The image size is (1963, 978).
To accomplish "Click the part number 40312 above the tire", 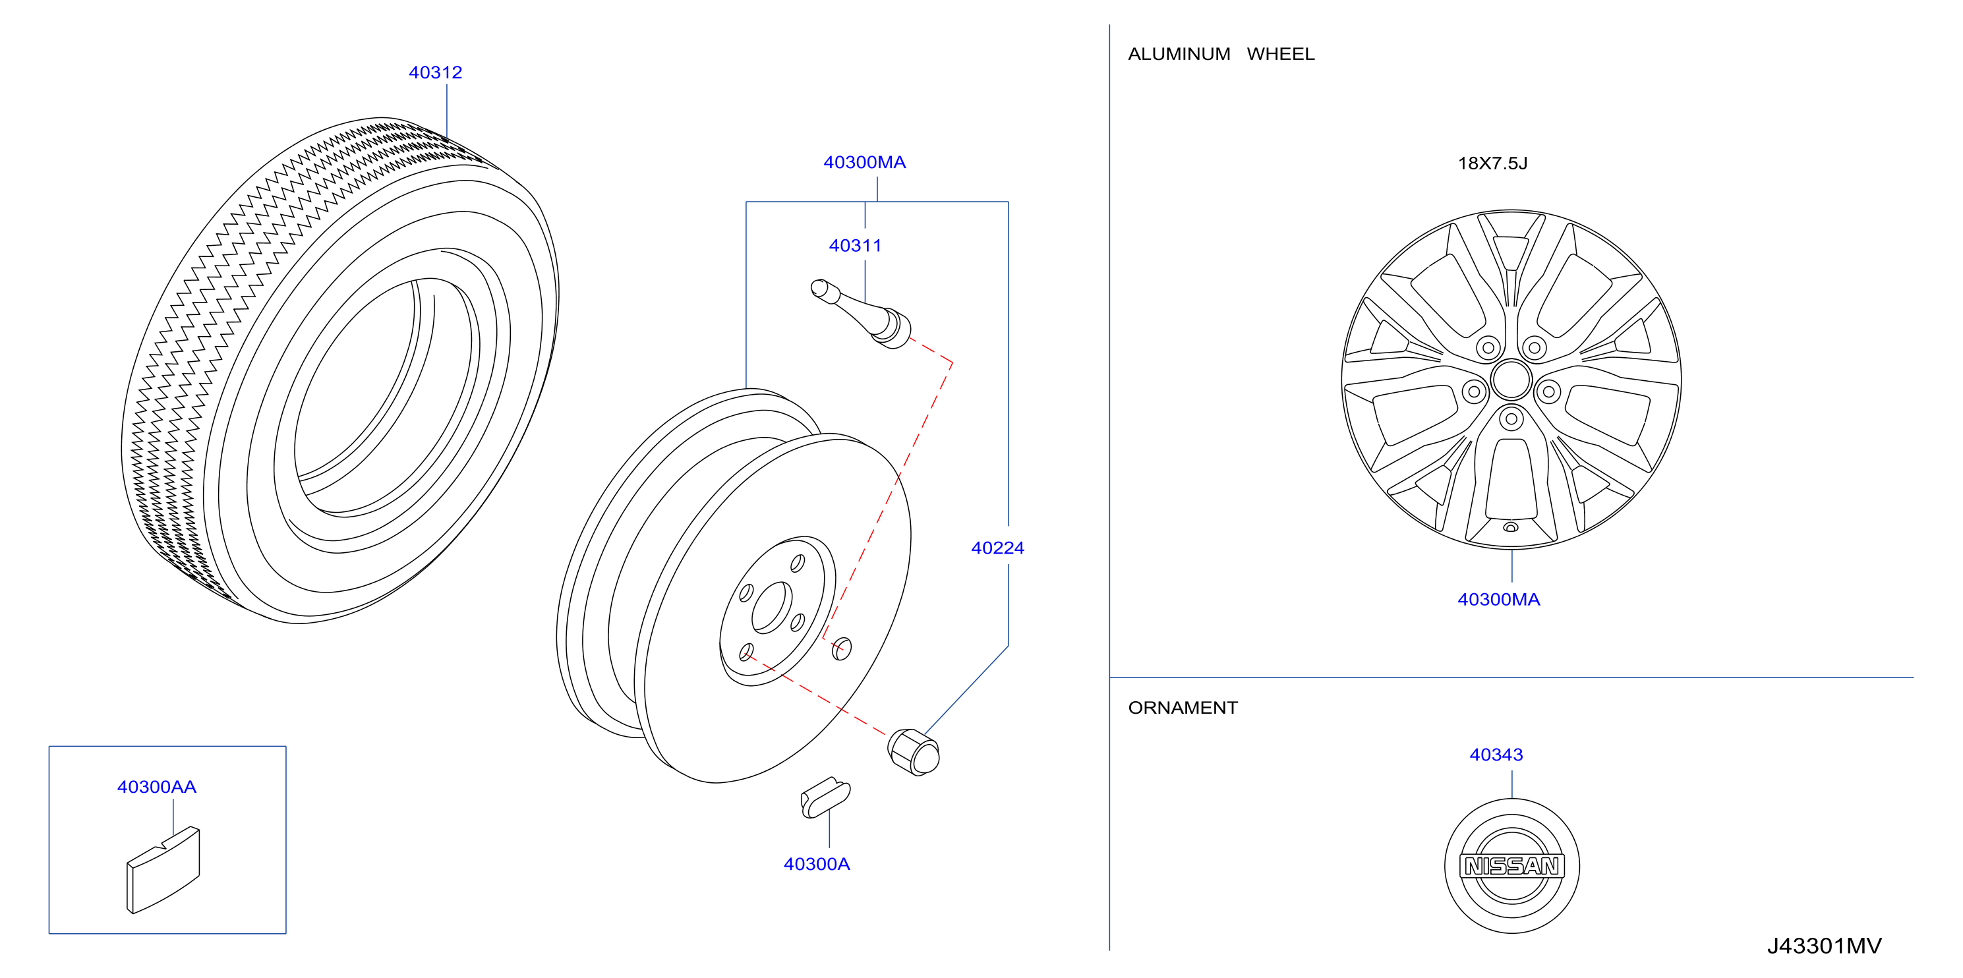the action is point(435,72).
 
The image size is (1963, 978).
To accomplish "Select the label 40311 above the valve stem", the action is point(855,245).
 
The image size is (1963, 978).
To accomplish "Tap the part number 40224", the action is point(997,548).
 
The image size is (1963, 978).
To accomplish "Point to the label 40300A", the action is point(816,864).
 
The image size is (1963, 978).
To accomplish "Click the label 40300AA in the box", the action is point(156,787).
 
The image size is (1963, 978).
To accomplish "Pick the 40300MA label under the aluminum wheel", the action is point(1498,600).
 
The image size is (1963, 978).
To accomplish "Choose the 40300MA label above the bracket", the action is point(864,162).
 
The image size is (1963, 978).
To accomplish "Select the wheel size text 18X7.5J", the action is point(1492,163).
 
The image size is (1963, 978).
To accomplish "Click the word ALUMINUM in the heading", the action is point(1179,54).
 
